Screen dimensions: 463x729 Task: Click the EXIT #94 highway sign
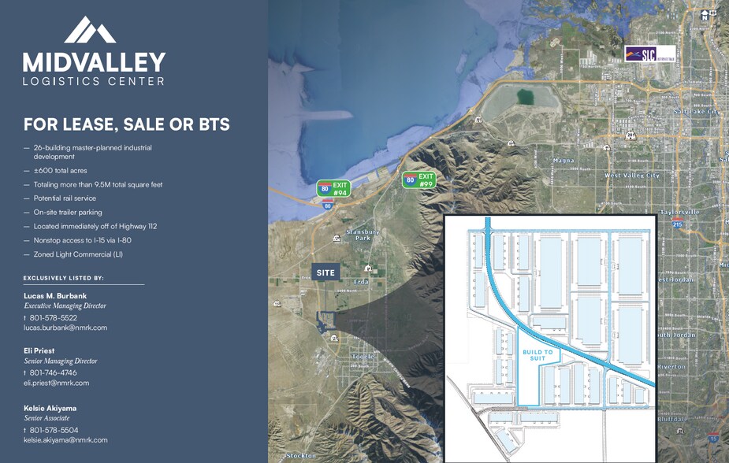pos(333,188)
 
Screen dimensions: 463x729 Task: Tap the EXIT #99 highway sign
pos(419,180)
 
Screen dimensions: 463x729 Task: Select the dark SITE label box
pos(325,272)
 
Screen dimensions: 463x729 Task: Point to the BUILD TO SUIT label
pos(538,354)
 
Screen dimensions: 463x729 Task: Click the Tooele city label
pos(363,356)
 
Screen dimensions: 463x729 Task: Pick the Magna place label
pos(564,161)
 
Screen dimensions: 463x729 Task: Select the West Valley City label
pos(631,176)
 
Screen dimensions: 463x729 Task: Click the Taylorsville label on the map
pos(679,212)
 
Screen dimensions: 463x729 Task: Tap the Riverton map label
pos(671,366)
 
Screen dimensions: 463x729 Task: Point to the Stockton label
pos(301,455)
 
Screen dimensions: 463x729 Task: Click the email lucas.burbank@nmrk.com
pos(65,328)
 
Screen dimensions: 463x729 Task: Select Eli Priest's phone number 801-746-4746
pos(53,372)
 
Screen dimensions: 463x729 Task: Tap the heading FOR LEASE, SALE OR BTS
pos(126,124)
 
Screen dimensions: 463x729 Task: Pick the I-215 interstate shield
pos(677,225)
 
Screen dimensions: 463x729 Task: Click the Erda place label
pos(361,280)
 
